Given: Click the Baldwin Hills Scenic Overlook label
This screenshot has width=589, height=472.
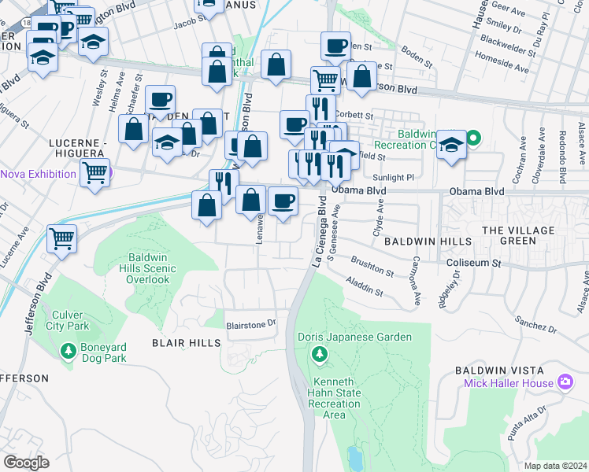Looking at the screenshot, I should tap(153, 268).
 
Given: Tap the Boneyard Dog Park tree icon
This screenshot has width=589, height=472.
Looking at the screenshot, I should tap(69, 350).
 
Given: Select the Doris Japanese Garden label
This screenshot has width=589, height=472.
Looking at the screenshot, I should tap(354, 337).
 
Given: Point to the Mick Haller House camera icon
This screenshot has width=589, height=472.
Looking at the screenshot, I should tap(565, 383).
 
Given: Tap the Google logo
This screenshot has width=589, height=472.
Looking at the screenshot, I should tap(26, 463).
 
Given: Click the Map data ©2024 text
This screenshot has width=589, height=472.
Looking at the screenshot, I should tap(556, 465).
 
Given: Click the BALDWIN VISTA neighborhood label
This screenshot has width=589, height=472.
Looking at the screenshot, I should tap(498, 369).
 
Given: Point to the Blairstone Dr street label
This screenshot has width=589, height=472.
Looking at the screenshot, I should tap(252, 323).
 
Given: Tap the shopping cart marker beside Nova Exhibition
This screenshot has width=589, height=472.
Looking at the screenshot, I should tap(94, 172).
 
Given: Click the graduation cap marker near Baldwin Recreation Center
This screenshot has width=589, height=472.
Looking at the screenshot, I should tap(451, 146).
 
